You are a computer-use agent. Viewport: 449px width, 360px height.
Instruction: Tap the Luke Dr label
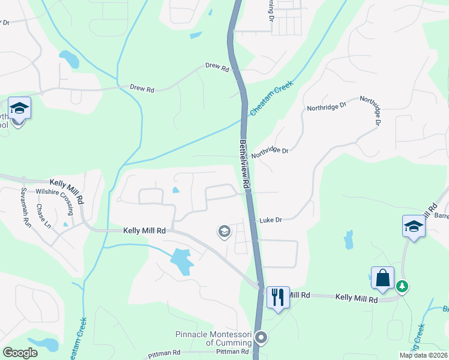pos(270,220)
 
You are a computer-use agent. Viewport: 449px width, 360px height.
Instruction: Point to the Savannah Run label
pos(26,213)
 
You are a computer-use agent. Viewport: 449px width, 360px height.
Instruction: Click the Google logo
pos(20,352)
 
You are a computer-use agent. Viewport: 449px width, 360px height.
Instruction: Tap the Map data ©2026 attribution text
pos(423,355)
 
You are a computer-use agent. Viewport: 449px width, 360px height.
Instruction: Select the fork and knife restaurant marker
pos(278,297)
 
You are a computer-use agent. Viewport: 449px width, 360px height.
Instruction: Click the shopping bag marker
pos(382,278)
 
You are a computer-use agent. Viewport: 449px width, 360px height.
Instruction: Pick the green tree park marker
pos(402,287)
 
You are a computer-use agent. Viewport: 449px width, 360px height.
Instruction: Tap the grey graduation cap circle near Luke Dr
pos(224,231)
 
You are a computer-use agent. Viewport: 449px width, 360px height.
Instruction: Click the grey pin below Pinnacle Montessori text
pos(261,338)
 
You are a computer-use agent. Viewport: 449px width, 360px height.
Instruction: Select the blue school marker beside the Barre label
pos(414,227)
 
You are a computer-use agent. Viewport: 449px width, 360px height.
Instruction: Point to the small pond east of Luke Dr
pos(348,239)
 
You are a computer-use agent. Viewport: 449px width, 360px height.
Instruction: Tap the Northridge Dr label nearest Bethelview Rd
pos(270,151)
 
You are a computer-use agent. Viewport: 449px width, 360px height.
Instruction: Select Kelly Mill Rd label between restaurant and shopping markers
pos(356,298)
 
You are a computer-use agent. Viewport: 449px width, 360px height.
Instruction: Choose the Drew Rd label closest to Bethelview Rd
pos(217,68)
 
